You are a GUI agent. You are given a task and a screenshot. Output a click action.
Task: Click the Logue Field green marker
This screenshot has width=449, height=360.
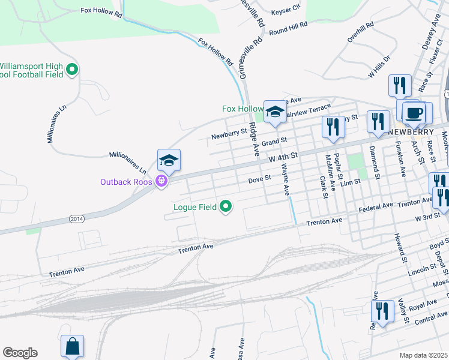point(226,207)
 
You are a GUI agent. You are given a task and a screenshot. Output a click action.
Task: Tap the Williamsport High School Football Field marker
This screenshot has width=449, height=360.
point(72,70)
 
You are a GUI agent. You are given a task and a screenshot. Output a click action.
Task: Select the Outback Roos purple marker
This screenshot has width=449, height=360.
point(161,181)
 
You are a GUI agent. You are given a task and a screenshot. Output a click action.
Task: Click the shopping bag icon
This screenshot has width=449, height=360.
point(72,346)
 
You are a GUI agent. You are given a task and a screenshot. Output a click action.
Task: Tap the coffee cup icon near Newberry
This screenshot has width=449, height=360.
point(415,112)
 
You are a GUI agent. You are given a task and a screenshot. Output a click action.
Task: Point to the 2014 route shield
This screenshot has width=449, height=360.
point(76,218)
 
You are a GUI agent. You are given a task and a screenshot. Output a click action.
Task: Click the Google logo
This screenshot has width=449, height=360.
point(20,353)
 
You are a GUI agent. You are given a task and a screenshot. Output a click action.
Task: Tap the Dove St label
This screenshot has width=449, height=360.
point(261,178)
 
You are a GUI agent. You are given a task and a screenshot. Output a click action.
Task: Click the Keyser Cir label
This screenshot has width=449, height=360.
point(285,10)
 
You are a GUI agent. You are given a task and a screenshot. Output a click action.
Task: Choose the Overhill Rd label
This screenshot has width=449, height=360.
point(360,32)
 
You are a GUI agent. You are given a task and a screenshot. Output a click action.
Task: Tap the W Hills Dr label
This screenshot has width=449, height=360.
point(379,67)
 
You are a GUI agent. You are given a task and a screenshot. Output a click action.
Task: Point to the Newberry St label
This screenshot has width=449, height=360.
point(229,134)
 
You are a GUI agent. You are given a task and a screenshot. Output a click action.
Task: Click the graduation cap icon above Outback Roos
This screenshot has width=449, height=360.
point(169,160)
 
